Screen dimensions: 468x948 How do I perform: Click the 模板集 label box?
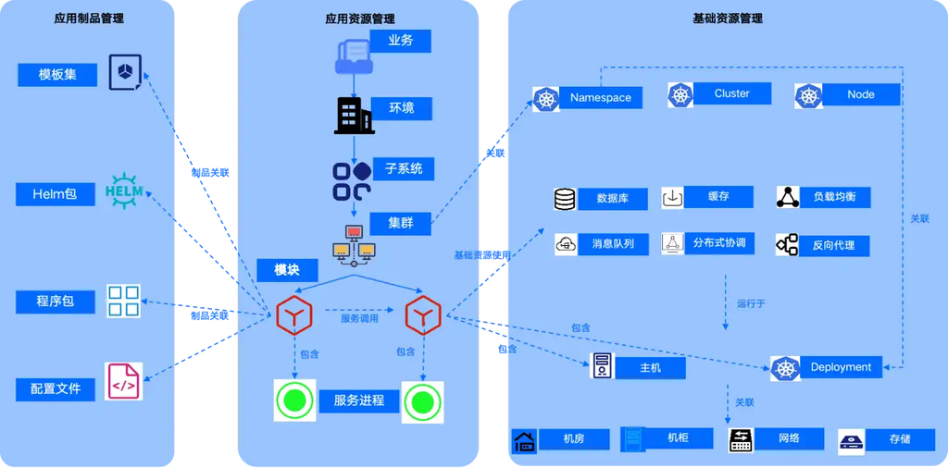(57, 75)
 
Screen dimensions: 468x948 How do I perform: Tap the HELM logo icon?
(124, 192)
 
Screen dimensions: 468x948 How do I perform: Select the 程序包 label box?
(56, 302)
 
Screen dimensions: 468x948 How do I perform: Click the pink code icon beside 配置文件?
(124, 381)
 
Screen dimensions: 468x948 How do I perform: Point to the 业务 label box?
(400, 41)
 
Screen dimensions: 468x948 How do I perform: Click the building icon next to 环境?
(353, 114)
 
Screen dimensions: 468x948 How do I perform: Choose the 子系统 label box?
(404, 169)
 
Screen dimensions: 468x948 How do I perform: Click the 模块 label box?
(288, 270)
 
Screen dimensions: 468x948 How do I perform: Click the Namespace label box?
(601, 98)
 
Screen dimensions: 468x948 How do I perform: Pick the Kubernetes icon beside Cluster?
(682, 94)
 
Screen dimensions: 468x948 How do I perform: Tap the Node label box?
(861, 94)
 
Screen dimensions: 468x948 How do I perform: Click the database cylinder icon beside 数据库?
(564, 199)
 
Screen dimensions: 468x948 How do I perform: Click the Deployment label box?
(841, 367)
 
